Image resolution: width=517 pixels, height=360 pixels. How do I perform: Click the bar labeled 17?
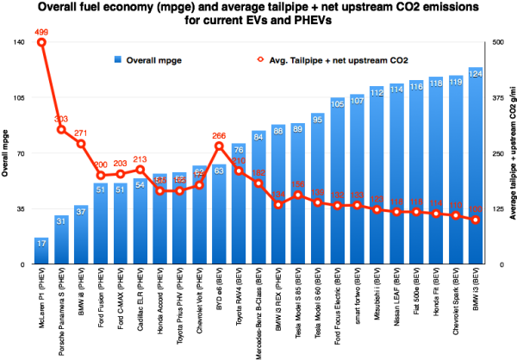[x=41, y=251]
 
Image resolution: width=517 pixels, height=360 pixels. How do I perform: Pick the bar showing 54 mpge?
[x=140, y=221]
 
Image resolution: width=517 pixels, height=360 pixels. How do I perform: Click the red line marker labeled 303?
[x=61, y=130]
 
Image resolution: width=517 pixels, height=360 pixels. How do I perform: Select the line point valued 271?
[x=81, y=144]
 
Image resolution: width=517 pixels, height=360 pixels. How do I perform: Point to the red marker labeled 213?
[x=140, y=169]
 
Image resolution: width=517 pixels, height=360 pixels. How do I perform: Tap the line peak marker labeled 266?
[x=219, y=146]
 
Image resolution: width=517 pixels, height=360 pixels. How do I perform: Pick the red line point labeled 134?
[x=278, y=204]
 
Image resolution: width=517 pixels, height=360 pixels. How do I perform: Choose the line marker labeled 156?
[x=297, y=195]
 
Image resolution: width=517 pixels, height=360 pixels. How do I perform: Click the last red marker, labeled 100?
[x=475, y=220]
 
